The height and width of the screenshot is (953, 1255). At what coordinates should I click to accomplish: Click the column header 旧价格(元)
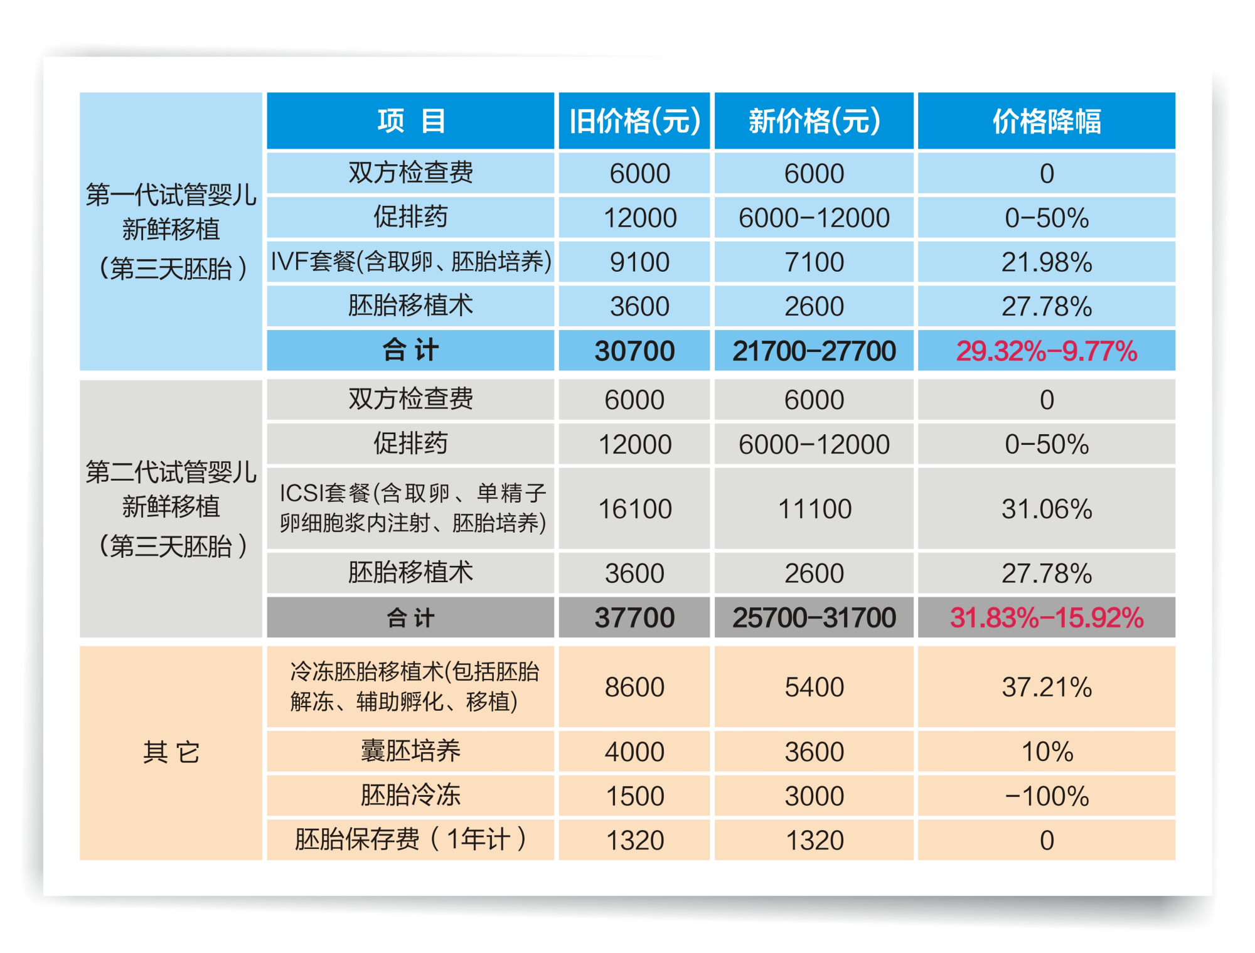click(634, 121)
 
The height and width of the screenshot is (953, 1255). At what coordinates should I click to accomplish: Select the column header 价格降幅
click(1046, 121)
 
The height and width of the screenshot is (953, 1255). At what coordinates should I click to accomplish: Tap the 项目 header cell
click(410, 121)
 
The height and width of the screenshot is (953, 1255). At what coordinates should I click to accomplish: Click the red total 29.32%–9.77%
click(1046, 351)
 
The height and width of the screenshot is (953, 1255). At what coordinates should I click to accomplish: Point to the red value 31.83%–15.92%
click(1046, 618)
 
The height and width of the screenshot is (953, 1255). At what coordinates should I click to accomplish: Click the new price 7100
click(814, 262)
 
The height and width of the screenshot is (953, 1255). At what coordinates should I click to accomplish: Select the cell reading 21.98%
click(1046, 262)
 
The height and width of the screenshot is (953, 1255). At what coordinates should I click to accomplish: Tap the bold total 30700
click(634, 351)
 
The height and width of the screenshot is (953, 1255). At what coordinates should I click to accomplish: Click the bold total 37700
click(634, 618)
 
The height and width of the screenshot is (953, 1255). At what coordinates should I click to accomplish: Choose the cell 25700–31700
click(814, 618)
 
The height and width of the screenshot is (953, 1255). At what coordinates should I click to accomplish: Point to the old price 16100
click(634, 509)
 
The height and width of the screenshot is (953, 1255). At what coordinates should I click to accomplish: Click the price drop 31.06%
click(1046, 509)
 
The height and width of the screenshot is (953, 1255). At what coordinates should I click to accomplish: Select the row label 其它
click(171, 752)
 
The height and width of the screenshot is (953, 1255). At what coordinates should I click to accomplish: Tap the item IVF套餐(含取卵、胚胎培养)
click(410, 262)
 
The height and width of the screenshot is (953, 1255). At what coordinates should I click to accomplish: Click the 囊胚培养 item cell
click(410, 751)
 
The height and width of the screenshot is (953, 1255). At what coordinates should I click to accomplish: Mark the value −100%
click(1046, 796)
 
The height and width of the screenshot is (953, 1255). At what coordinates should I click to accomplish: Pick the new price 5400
click(814, 687)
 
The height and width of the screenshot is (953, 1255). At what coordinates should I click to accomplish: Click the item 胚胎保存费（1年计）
click(410, 839)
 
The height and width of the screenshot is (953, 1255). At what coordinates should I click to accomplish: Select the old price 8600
click(634, 687)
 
